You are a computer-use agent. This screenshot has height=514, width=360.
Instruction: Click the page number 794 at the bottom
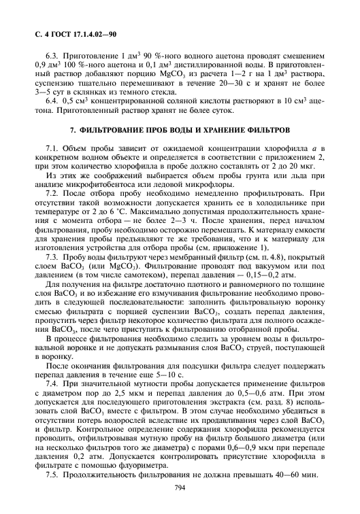pyautogui.click(x=180, y=487)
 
